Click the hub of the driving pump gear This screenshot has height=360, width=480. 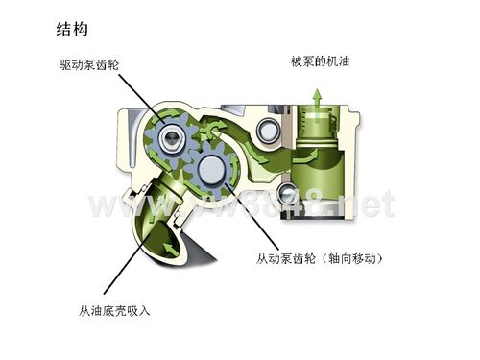tap(171, 137)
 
